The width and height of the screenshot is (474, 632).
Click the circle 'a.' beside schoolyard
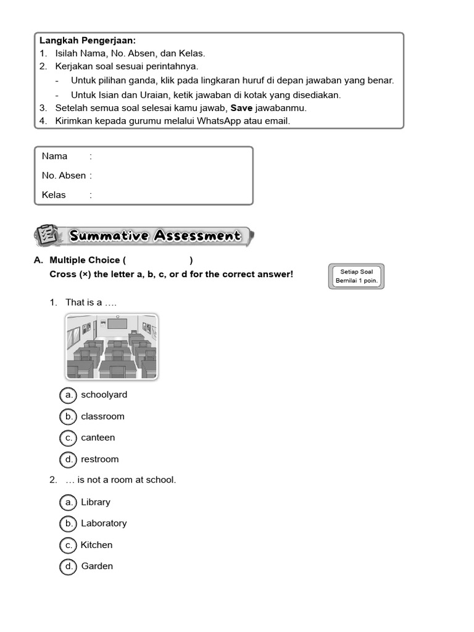tap(69, 395)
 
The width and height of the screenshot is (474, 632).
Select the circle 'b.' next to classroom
tap(69, 417)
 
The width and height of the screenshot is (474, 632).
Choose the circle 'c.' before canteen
tap(69, 438)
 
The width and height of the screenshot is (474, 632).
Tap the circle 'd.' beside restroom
tap(69, 459)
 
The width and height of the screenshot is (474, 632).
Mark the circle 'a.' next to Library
tap(69, 502)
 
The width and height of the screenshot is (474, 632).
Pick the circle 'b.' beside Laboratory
tap(69, 524)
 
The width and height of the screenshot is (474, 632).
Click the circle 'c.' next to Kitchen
tap(69, 545)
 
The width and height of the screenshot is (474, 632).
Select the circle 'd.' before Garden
tap(69, 567)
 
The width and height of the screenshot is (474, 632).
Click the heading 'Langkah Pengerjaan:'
tap(88, 40)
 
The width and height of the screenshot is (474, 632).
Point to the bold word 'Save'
tap(241, 107)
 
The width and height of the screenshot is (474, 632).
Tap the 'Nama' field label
tap(54, 156)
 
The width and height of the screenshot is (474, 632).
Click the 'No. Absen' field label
tap(64, 175)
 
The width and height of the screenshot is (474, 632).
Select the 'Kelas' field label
tap(54, 195)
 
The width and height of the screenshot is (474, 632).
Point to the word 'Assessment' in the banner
tap(197, 236)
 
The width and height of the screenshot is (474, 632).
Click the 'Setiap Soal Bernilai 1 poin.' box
tap(356, 276)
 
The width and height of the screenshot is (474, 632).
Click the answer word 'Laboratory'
tap(104, 523)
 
